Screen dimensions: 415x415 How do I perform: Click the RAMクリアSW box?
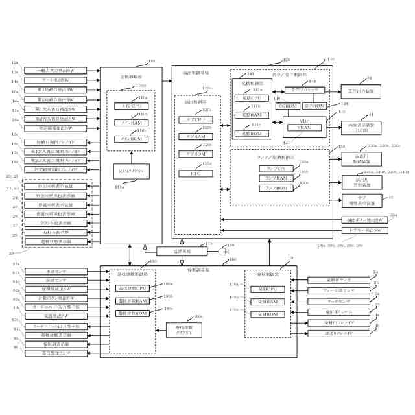(131, 171)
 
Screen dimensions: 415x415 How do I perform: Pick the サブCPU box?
(192, 120)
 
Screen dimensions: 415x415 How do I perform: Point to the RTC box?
(192, 172)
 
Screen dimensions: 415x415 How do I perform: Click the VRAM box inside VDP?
(304, 128)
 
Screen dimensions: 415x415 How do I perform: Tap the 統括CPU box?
(248, 97)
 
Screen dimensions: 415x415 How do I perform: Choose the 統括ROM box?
(248, 133)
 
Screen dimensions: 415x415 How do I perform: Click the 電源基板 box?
(182, 250)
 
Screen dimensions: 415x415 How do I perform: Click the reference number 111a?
(119, 187)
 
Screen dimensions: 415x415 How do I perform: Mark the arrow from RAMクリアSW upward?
(131, 156)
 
